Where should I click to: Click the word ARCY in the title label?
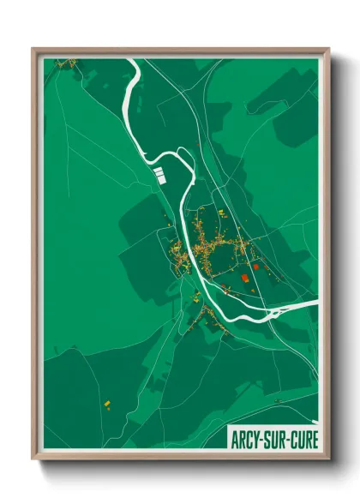[x=245, y=441]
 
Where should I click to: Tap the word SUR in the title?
[x=274, y=441]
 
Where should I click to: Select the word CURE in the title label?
[x=303, y=441]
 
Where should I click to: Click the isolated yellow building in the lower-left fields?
[x=107, y=403]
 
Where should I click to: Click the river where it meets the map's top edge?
[x=132, y=61]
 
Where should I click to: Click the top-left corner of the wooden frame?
[x=33, y=50]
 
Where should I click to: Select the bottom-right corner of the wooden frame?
[x=328, y=460]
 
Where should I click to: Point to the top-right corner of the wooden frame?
[x=328, y=50]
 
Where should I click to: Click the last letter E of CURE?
[x=314, y=441]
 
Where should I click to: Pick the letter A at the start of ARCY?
[x=234, y=441]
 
